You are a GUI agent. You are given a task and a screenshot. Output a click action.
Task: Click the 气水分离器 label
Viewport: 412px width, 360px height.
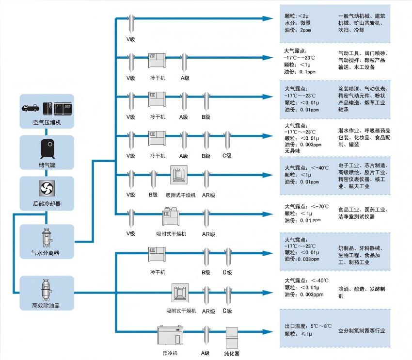[x=47, y=252]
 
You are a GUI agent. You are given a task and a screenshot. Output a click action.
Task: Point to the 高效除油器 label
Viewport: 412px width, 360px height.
[x=47, y=305]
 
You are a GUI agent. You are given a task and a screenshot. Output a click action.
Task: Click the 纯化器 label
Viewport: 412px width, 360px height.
[x=234, y=353]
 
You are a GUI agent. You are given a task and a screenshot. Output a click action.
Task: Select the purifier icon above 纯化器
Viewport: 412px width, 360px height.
[x=234, y=335]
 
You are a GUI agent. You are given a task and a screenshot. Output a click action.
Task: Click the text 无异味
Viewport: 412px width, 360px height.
[x=293, y=151]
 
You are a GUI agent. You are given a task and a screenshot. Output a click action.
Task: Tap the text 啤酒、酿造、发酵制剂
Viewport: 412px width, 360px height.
[x=362, y=292]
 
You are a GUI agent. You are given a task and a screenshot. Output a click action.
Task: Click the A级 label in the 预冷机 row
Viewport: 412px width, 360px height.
[x=206, y=353]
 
